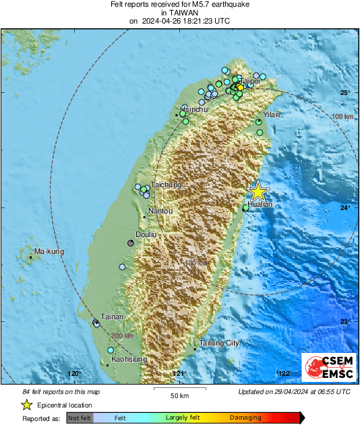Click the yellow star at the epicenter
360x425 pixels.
258,191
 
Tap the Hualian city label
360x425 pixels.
260,203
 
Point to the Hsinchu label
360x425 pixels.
193,108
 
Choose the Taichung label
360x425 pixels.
167,185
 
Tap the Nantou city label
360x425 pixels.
160,211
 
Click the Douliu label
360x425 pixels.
146,234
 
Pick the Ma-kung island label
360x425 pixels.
49,252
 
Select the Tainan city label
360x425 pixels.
111,316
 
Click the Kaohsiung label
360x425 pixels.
129,360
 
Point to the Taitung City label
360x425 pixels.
218,343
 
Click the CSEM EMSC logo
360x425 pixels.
326,369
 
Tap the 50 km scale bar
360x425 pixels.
179,389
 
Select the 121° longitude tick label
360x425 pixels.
179,373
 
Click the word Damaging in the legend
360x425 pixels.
245,418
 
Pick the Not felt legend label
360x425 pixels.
80,418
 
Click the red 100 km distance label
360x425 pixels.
343,117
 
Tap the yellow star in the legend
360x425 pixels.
27,405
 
